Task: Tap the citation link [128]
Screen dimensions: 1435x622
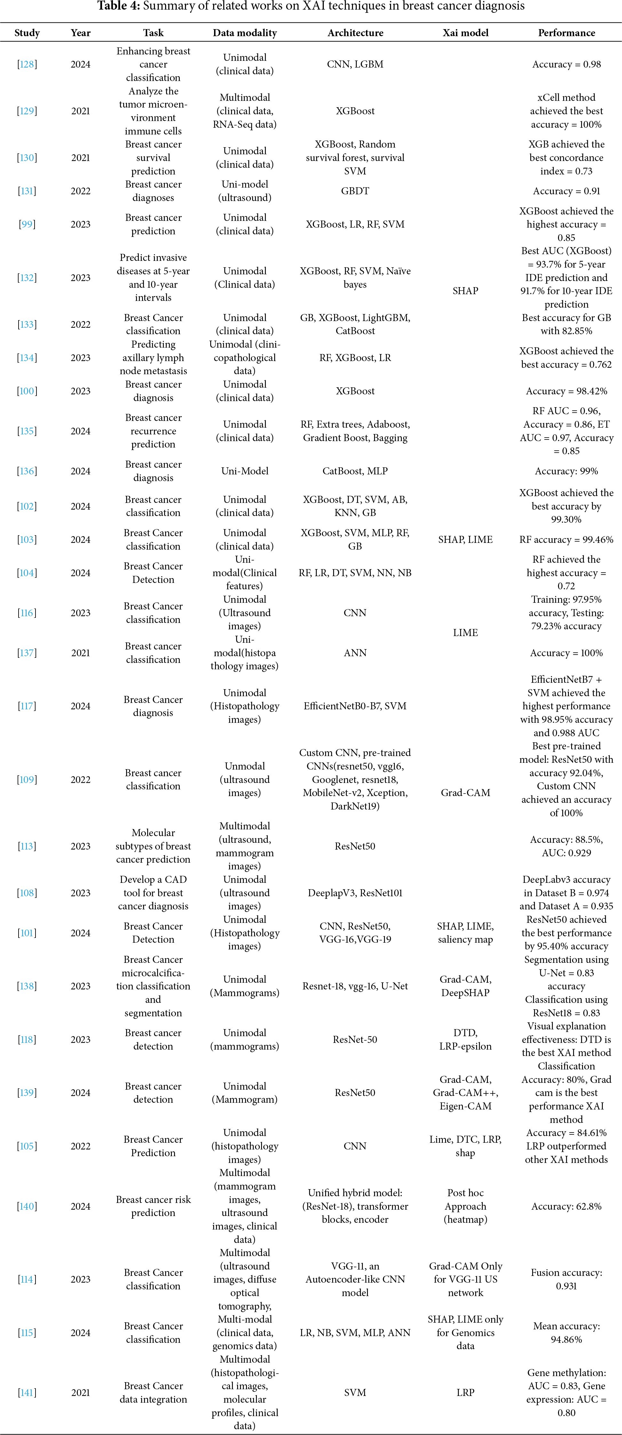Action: pyautogui.click(x=27, y=64)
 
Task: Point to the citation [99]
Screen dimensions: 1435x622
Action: pyautogui.click(x=27, y=224)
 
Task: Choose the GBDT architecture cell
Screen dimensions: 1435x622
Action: pyautogui.click(x=355, y=191)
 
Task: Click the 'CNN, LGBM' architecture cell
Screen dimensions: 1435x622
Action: pyautogui.click(x=355, y=64)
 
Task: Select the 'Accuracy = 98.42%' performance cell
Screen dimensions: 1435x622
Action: pyautogui.click(x=566, y=391)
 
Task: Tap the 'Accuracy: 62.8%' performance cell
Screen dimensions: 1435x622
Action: pyautogui.click(x=566, y=1206)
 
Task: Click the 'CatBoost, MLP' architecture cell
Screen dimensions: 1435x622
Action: pyautogui.click(x=355, y=471)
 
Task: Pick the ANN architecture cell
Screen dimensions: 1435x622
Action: pyautogui.click(x=355, y=653)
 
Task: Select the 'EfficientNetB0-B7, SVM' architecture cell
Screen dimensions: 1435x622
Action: pyautogui.click(x=355, y=706)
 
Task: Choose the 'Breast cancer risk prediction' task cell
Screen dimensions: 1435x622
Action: pyautogui.click(x=153, y=1206)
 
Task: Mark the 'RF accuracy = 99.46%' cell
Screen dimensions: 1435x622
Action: pyautogui.click(x=566, y=539)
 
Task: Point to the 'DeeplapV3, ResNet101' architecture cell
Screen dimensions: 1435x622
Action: pyautogui.click(x=355, y=893)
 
